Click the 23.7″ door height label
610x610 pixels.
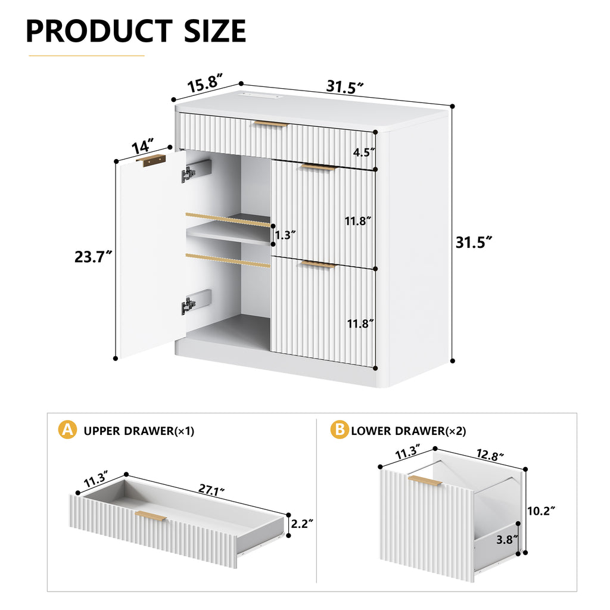pos(94,257)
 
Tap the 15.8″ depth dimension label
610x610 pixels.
pos(206,83)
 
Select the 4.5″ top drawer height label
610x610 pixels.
pos(364,152)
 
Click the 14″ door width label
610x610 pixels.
pos(143,146)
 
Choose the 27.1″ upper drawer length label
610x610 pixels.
pos(211,490)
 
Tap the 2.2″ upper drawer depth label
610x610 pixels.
pos(302,524)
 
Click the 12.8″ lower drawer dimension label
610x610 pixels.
pos(490,455)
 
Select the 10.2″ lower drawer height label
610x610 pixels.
pos(541,511)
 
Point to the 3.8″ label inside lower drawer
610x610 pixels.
pos(507,540)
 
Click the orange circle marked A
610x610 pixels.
pos(67,430)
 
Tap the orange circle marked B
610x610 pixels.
pos(340,430)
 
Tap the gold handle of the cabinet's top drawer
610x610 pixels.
pos(270,124)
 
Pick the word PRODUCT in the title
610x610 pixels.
pos(99,31)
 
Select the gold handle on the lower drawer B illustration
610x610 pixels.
pos(425,481)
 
